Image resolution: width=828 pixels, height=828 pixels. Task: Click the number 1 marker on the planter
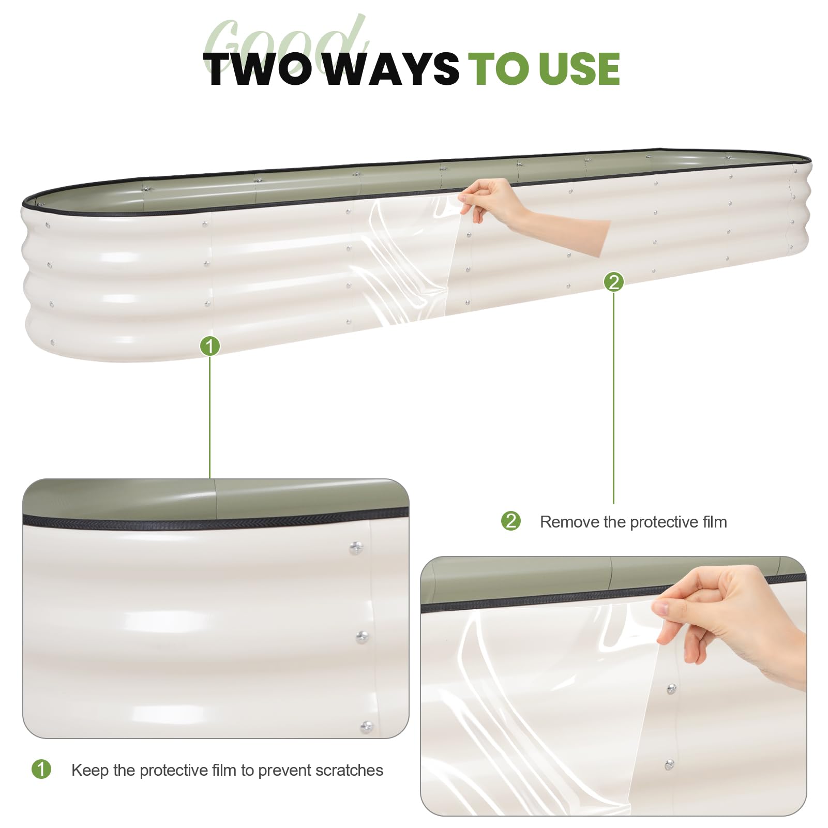pyautogui.click(x=210, y=346)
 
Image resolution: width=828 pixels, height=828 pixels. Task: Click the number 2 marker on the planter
pyautogui.click(x=614, y=282)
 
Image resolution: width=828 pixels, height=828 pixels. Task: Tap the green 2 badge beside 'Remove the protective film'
pyautogui.click(x=511, y=521)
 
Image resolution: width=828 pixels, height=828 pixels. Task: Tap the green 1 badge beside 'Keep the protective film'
pyautogui.click(x=41, y=769)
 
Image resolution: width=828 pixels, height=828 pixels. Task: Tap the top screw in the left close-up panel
pyautogui.click(x=356, y=548)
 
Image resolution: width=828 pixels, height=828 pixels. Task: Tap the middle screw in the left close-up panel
pyautogui.click(x=362, y=637)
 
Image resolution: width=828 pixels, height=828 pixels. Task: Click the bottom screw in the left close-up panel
pyautogui.click(x=367, y=727)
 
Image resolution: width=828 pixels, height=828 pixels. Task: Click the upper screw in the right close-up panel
pyautogui.click(x=671, y=689)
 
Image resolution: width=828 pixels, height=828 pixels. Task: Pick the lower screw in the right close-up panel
pyautogui.click(x=669, y=764)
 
